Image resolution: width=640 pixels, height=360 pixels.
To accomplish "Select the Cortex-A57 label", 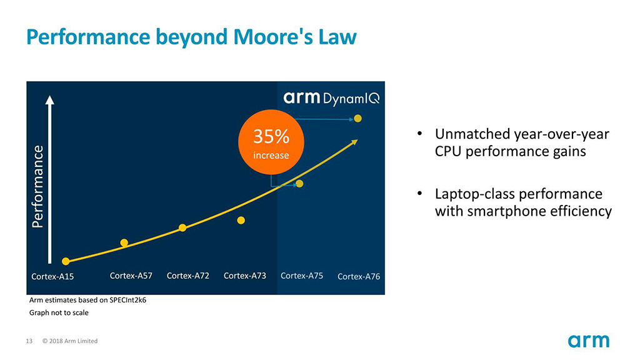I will tap(131, 275).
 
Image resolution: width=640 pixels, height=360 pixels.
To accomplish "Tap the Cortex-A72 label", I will tap(188, 275).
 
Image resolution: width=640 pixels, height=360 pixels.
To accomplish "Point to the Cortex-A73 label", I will tap(245, 275).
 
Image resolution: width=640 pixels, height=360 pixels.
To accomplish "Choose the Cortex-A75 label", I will tap(302, 275).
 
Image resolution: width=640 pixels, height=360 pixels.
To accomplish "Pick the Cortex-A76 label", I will tap(359, 276).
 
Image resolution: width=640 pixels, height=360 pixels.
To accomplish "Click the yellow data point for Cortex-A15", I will tap(66, 261).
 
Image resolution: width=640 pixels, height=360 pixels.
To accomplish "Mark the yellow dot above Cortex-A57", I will tap(124, 242).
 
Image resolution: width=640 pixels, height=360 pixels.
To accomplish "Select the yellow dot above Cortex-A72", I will tap(182, 227).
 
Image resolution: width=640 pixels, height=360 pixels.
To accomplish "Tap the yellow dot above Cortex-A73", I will tap(241, 220).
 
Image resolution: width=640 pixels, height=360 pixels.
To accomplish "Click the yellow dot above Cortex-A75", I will tap(299, 184).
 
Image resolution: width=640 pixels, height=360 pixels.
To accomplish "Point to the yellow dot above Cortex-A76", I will tap(357, 118).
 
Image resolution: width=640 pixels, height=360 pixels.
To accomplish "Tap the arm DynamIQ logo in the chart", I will tap(331, 98).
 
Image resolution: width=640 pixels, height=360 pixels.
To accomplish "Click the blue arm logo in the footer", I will tap(588, 341).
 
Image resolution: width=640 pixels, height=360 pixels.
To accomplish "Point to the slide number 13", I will tap(29, 341).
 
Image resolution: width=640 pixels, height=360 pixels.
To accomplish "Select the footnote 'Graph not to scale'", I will tap(59, 312).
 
